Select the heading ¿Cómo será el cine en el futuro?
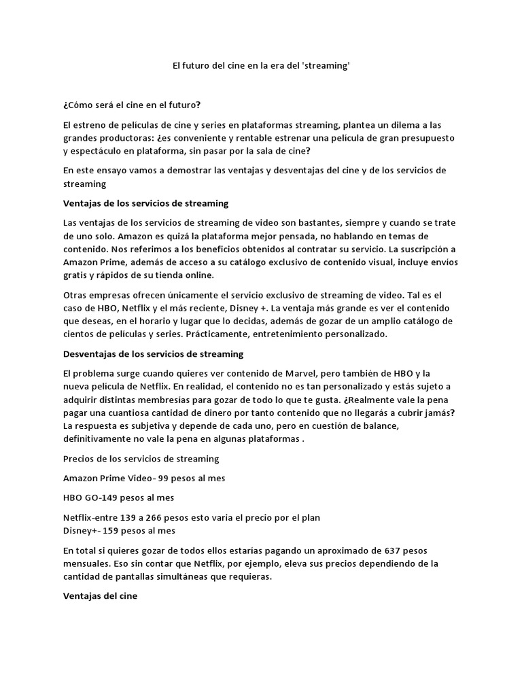point(132,105)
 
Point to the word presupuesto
point(425,137)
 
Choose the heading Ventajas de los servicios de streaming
point(145,203)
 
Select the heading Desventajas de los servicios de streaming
point(153,354)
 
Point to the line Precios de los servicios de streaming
point(141,459)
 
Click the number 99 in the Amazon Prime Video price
point(164,478)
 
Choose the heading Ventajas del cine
point(100,596)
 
